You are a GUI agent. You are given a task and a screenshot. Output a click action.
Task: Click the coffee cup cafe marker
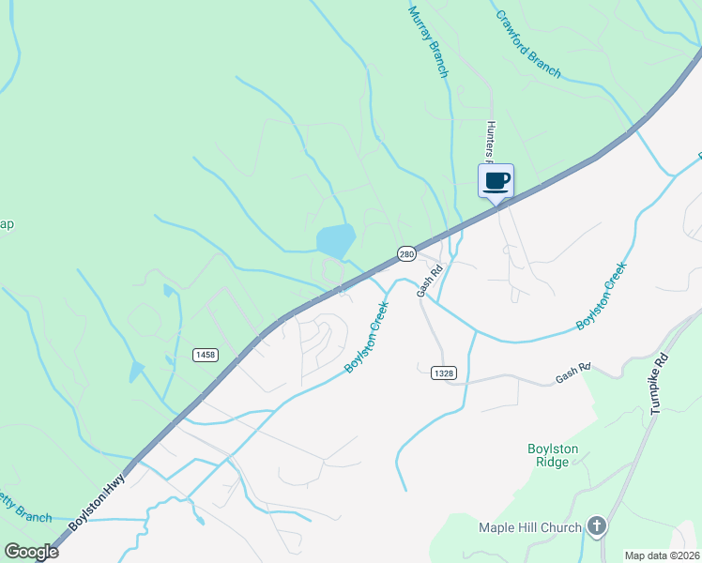[x=496, y=180]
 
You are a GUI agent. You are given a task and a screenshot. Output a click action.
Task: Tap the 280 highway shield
[x=405, y=253]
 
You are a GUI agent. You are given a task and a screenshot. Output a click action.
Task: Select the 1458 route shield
[x=206, y=354]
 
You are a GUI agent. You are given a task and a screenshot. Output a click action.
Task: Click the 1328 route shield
[x=445, y=373]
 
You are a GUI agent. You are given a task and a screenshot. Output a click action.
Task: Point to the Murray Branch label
[x=428, y=42]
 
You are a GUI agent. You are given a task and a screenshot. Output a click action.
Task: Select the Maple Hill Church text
[x=530, y=527]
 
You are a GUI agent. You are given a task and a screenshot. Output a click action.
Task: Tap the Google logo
[x=32, y=552]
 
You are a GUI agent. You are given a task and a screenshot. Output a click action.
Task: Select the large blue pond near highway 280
[x=335, y=241]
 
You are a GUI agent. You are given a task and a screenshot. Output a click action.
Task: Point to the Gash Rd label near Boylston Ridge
[x=572, y=373]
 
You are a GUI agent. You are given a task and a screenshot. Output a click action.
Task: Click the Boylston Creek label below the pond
[x=367, y=337]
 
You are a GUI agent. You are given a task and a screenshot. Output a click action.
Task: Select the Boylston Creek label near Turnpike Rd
[x=602, y=296]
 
